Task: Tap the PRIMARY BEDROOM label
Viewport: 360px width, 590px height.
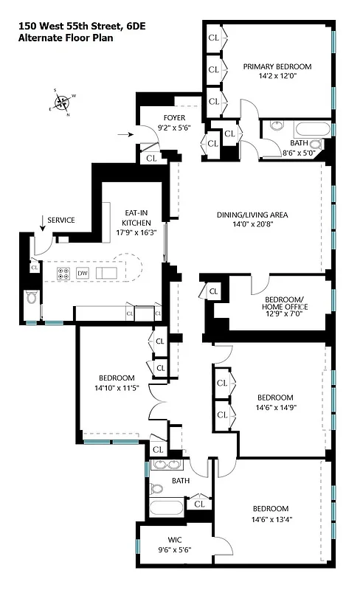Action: point(277,66)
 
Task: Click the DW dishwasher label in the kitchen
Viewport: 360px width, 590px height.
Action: point(83,273)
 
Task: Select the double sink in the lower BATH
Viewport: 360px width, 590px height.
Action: point(166,465)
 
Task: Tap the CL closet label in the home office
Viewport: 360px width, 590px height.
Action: point(213,291)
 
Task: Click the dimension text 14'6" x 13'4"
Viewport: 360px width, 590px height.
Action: point(271,519)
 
